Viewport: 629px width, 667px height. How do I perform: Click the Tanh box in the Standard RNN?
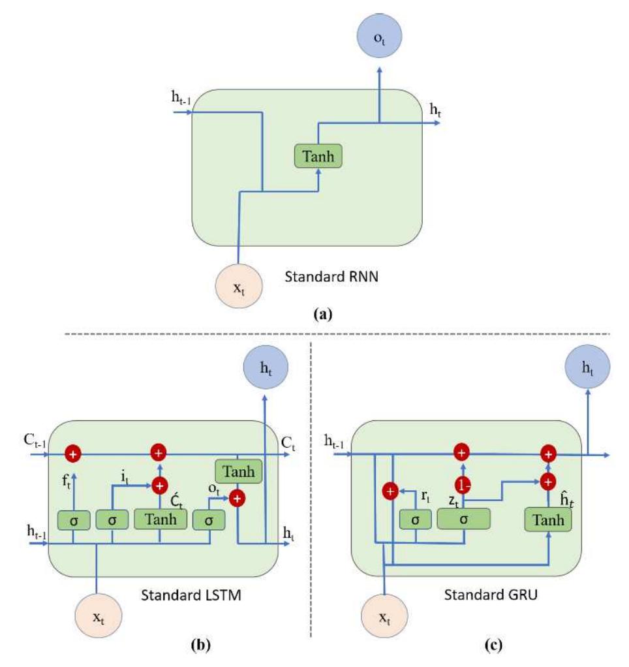pyautogui.click(x=318, y=155)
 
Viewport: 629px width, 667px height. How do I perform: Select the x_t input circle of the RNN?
pyautogui.click(x=239, y=285)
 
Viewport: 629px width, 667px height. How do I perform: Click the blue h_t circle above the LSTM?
pyautogui.click(x=266, y=368)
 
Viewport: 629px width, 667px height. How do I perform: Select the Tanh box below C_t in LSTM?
pyautogui.click(x=238, y=471)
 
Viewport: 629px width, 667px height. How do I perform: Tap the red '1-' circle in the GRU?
pyautogui.click(x=462, y=486)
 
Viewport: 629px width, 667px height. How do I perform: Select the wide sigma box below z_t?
pyautogui.click(x=463, y=519)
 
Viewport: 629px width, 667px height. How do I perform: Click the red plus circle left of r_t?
pyautogui.click(x=390, y=491)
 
